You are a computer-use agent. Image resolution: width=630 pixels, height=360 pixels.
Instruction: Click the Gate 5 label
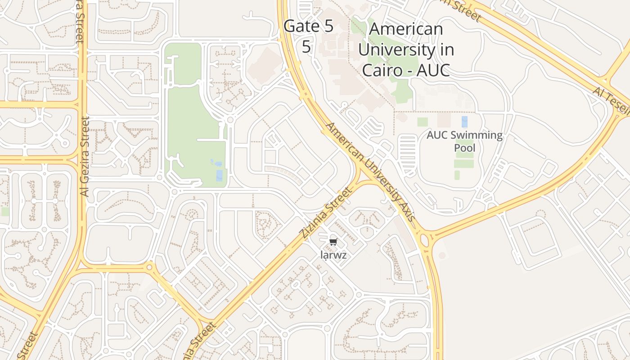tap(309, 26)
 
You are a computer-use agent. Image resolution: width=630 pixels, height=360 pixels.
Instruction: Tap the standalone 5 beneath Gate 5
tap(306, 46)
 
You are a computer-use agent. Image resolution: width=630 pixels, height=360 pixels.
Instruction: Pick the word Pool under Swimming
tap(464, 148)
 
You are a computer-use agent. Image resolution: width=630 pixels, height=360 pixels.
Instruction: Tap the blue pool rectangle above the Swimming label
tap(464, 121)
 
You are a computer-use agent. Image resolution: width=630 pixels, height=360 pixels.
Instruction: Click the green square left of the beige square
tap(423, 121)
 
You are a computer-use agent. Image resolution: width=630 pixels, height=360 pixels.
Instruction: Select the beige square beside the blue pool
tap(444, 120)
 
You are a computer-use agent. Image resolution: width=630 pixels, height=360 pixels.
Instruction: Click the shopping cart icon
tap(333, 242)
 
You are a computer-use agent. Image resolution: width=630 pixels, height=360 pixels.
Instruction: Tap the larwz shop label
tap(333, 255)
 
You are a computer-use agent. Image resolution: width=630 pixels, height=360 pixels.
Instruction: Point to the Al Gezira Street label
tap(85, 156)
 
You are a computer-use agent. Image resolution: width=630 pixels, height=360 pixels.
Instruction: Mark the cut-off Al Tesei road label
tap(610, 99)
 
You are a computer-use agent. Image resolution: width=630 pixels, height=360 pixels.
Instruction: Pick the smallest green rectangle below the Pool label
tap(457, 175)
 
